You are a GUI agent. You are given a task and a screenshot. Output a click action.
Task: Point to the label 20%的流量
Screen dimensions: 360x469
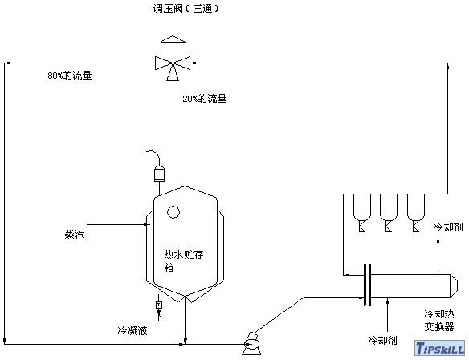[204, 99]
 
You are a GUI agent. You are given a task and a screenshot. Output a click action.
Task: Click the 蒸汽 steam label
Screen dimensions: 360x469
[75, 235]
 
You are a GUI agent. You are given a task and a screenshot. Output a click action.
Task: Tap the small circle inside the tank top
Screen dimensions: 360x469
[173, 211]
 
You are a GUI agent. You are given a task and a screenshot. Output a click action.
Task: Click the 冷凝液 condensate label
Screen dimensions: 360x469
[133, 330]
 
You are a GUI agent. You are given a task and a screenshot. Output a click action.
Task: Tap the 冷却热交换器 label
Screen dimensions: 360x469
[439, 320]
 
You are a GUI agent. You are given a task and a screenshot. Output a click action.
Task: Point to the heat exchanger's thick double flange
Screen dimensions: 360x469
[368, 285]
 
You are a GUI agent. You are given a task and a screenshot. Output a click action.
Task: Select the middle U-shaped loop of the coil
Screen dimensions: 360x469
[388, 210]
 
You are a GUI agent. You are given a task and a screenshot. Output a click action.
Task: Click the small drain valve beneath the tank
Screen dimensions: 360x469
[158, 305]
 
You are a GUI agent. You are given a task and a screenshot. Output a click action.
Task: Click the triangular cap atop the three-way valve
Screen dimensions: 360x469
[173, 39]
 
